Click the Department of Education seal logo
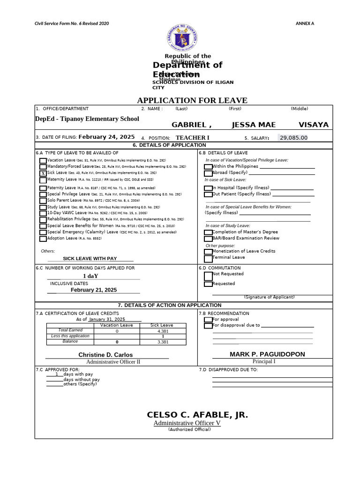coord(182,37)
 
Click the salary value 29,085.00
coord(293,137)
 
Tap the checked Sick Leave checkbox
coord(43,173)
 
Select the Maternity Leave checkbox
coord(43,180)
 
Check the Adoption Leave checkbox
coord(43,239)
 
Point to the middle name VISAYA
coord(313,125)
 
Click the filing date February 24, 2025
coord(106,137)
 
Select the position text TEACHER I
coord(192,138)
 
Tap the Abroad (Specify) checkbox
coord(208,173)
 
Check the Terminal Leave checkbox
coord(208,258)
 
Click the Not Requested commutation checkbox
coord(208,276)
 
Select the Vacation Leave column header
coord(117,325)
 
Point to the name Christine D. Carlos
coord(105,355)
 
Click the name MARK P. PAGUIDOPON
coord(267,354)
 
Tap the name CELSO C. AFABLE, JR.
coord(197,415)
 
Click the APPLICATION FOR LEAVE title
coord(192,100)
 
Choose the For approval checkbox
coord(208,320)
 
